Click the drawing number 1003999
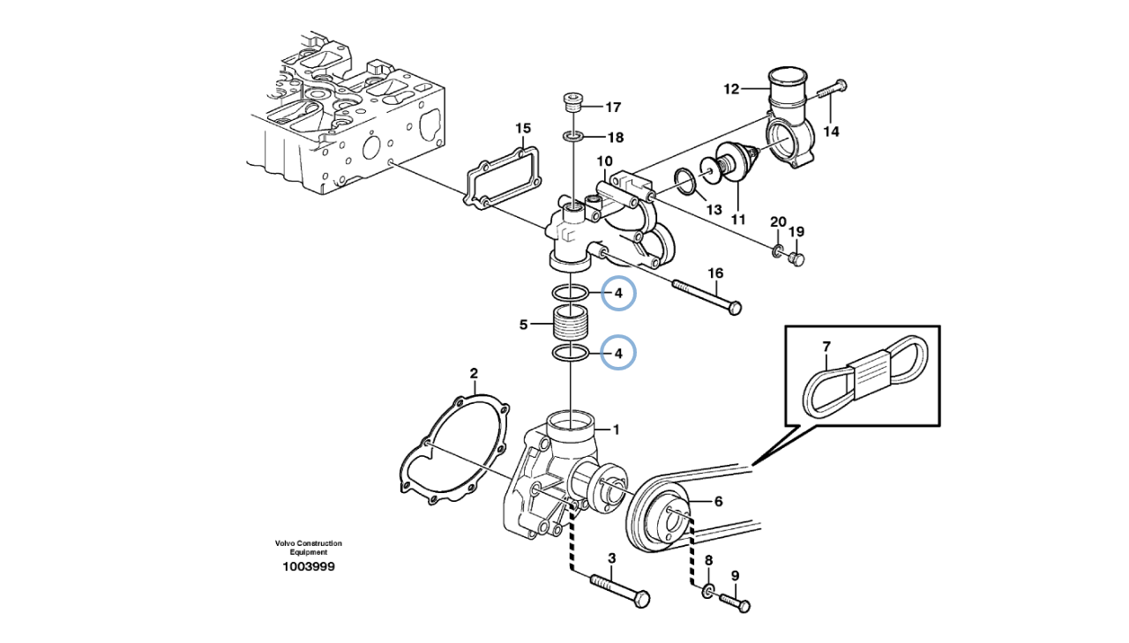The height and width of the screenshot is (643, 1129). tap(309, 567)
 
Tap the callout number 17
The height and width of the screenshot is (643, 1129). tap(613, 108)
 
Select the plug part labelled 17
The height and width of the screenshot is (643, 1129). tap(572, 104)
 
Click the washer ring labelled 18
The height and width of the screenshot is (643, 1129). tap(573, 136)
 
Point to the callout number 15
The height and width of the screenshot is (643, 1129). tap(523, 129)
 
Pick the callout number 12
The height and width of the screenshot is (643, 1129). tap(731, 90)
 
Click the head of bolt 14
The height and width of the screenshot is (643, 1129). tap(841, 86)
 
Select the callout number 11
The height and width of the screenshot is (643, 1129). tap(738, 220)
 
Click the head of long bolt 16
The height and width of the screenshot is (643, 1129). tap(736, 307)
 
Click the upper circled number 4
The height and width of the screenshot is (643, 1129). tap(618, 294)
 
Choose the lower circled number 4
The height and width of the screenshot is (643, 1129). tap(618, 354)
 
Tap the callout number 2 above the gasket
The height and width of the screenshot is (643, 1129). tap(474, 373)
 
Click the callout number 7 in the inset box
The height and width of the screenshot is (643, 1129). tap(826, 347)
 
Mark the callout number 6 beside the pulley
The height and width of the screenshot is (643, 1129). tap(718, 501)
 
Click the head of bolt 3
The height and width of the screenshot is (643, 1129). tap(642, 600)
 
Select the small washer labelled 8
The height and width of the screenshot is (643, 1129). tap(707, 591)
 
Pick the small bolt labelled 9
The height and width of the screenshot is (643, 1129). tap(736, 602)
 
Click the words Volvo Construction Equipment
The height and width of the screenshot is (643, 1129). tap(309, 548)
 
